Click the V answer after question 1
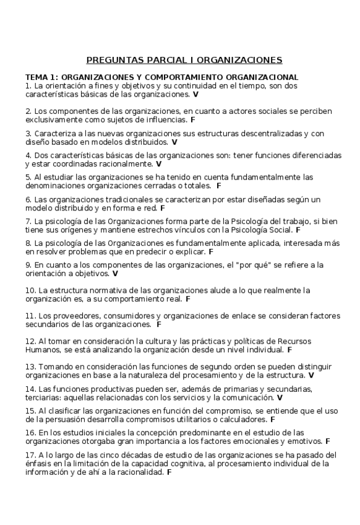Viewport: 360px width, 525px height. point(195,95)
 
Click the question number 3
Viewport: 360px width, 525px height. point(28,133)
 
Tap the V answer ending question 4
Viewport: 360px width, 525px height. point(159,164)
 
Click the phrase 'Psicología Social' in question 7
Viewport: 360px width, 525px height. point(259,229)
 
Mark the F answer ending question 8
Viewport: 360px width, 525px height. point(211,252)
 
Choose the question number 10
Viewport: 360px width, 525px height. point(30,290)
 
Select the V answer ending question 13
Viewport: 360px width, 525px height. point(311,375)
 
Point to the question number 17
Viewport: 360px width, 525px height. point(30,454)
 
